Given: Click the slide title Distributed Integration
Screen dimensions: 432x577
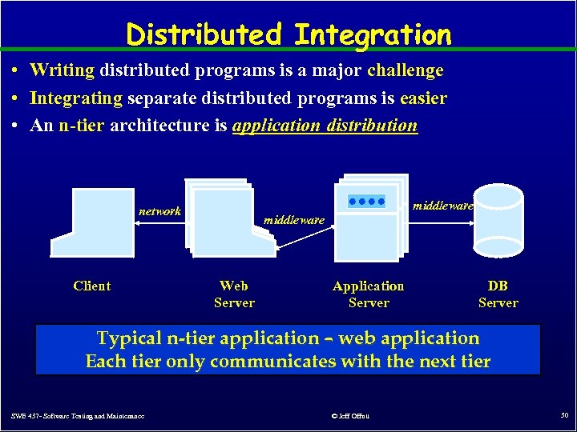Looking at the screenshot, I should [288, 34].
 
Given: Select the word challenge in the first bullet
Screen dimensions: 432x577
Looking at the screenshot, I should [405, 70].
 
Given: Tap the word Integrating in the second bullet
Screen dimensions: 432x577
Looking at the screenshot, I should [75, 98].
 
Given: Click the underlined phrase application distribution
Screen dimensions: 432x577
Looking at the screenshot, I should [325, 126].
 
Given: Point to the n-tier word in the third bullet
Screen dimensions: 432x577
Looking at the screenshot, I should [81, 126].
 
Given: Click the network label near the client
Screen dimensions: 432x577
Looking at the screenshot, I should [159, 211].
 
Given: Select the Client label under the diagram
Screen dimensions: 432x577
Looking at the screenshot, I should [91, 286].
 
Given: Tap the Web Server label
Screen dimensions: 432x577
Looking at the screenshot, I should [234, 294].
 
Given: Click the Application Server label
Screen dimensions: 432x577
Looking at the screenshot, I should [369, 294].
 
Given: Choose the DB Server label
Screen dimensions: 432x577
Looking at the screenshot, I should [498, 294].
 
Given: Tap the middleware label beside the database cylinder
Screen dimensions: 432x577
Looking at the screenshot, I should [443, 206].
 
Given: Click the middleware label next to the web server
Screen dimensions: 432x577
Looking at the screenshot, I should [294, 219].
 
